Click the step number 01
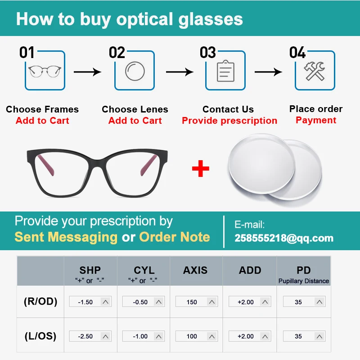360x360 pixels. (27, 53)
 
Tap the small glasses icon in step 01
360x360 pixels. (45, 71)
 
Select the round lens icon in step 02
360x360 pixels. (135, 71)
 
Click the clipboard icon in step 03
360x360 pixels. (225, 71)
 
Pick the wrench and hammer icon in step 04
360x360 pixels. (315, 71)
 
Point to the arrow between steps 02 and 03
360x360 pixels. (179, 72)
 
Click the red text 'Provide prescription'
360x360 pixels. (229, 121)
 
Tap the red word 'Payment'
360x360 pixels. (316, 120)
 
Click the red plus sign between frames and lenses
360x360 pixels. (201, 169)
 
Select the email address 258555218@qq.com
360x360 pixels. (284, 238)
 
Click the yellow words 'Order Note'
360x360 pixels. (175, 237)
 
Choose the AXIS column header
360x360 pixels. (195, 270)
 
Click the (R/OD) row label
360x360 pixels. (40, 301)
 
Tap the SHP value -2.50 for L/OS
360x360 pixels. (85, 336)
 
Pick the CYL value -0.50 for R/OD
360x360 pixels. (140, 302)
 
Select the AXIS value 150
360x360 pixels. (192, 302)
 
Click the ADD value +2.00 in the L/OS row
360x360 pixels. (246, 336)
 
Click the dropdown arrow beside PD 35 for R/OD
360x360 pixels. (319, 302)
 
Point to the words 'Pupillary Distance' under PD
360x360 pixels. (304, 281)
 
